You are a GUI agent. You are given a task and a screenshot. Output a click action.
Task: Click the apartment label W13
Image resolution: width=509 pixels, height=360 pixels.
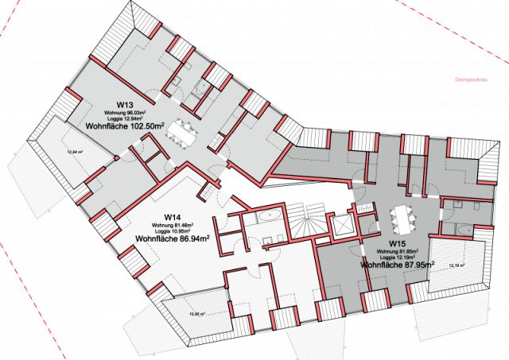[125, 104]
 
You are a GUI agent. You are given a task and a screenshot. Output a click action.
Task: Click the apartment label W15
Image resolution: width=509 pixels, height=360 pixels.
[398, 242]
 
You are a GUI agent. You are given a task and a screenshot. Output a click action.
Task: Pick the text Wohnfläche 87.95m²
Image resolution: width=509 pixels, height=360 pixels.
[398, 264]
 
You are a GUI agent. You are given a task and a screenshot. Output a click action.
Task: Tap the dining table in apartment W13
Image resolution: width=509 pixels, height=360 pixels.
[184, 132]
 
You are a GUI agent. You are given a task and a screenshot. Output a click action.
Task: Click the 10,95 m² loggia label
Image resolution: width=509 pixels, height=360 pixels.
[196, 315]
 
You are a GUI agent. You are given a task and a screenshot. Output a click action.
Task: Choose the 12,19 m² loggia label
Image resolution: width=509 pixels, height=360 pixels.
[457, 265]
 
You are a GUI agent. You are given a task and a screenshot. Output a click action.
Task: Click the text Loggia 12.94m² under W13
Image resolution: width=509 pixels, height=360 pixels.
[125, 118]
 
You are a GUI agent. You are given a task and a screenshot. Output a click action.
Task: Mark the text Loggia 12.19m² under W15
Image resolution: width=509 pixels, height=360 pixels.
[398, 257]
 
